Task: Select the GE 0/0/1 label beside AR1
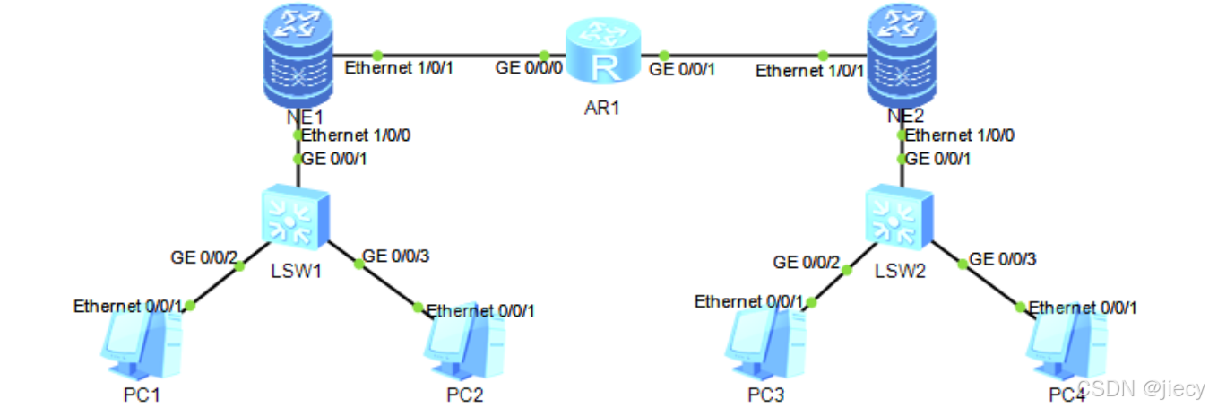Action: [683, 69]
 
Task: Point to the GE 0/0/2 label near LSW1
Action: [204, 258]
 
